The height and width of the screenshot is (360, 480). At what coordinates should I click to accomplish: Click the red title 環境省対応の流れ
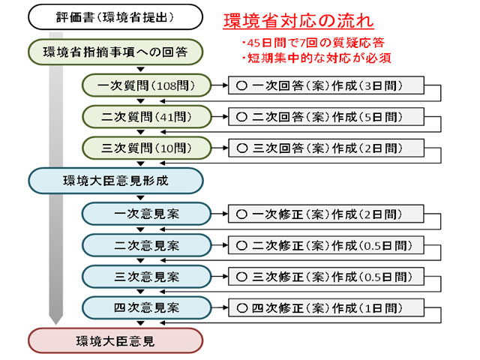pos(298,21)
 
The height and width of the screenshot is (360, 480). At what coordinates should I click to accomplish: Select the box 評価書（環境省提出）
pos(115,17)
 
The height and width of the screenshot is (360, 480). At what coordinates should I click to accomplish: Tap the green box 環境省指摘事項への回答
pos(115,52)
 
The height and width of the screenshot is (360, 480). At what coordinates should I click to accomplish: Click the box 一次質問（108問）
pos(146,85)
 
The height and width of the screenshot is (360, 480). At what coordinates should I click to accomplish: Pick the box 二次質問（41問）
pos(146,117)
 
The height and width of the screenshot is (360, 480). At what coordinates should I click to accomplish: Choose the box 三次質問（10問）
pos(146,148)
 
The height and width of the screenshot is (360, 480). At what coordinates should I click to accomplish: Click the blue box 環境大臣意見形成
pos(115,181)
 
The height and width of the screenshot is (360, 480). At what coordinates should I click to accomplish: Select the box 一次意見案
pos(146,214)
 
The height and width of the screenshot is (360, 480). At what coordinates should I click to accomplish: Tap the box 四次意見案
pos(146,307)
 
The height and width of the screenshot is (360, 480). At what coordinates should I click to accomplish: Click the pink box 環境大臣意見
pos(115,340)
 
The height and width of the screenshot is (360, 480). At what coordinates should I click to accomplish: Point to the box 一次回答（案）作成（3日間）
pos(326,85)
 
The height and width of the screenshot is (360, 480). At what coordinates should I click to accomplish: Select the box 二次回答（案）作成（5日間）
pos(326,117)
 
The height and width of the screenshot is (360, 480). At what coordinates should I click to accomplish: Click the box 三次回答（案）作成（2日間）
pos(326,148)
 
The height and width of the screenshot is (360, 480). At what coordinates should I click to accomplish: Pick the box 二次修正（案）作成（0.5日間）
pos(326,245)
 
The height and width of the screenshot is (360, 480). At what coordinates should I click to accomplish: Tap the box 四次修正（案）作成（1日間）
pos(326,307)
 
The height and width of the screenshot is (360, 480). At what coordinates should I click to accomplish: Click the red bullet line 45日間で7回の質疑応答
pos(313,43)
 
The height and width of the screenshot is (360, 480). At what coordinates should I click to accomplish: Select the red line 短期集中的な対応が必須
pos(316,58)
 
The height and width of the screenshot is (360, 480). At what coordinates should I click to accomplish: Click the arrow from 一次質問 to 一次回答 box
pos(220,85)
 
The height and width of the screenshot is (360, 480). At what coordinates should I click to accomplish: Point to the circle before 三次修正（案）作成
pos(241,277)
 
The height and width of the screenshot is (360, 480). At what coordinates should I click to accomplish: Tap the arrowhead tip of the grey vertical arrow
pos(56,325)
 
